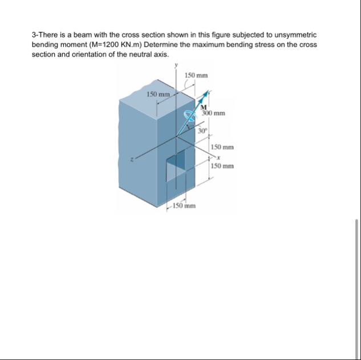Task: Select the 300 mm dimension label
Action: (213, 113)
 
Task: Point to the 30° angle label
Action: (202, 131)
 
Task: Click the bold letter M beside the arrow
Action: (204, 106)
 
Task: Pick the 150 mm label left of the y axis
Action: (157, 94)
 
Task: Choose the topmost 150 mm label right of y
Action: (197, 75)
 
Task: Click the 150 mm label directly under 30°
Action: (222, 147)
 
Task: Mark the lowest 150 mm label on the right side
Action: (222, 166)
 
